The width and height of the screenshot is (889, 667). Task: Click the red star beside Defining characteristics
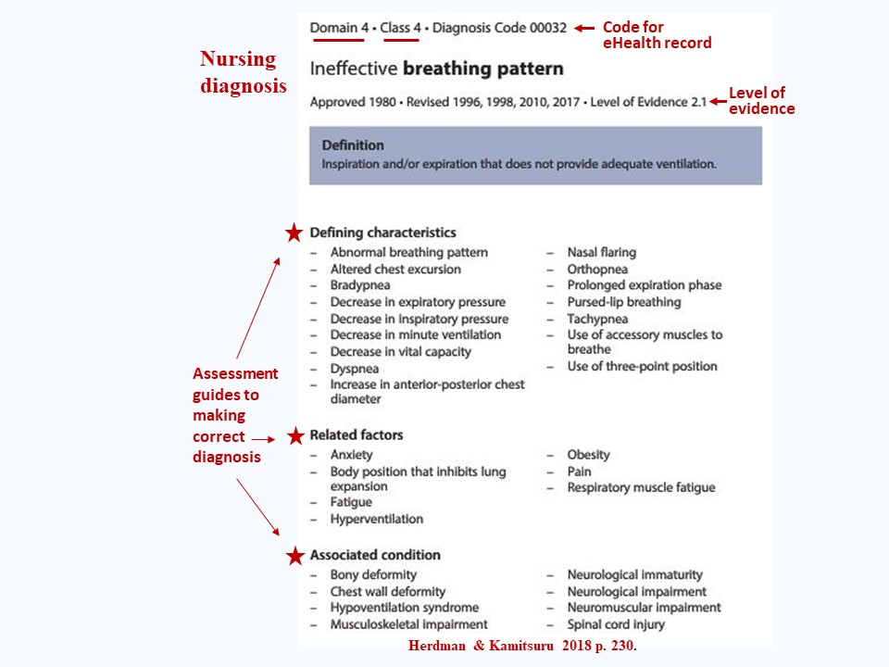(x=294, y=232)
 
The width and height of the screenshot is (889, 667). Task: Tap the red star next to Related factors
(x=295, y=435)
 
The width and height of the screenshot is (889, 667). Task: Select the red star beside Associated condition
(x=295, y=556)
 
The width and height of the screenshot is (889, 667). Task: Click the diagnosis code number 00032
(x=547, y=28)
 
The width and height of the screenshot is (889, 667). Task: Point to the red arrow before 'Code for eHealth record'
(x=584, y=28)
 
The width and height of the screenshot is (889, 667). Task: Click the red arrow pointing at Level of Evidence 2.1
(x=718, y=102)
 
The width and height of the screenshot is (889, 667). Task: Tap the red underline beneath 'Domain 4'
(x=337, y=40)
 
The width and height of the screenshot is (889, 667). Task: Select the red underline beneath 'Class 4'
(x=401, y=40)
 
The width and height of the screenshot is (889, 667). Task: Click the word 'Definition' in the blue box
(x=353, y=145)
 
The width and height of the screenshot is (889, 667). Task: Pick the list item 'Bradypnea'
(x=360, y=285)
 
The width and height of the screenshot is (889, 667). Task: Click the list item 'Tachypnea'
(x=597, y=319)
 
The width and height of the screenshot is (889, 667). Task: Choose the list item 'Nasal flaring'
(x=602, y=252)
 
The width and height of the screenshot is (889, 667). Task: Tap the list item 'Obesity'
(x=589, y=455)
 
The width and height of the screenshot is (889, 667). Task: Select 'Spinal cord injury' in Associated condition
(x=616, y=624)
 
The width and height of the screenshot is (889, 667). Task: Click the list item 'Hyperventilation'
(x=377, y=519)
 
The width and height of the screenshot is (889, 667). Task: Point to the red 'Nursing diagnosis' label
(x=244, y=72)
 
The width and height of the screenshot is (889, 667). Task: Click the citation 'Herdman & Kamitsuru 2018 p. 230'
(x=522, y=646)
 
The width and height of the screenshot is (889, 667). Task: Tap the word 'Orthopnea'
(x=597, y=270)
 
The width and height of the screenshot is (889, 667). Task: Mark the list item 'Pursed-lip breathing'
(x=623, y=302)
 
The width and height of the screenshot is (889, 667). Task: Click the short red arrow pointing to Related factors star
(x=263, y=439)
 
